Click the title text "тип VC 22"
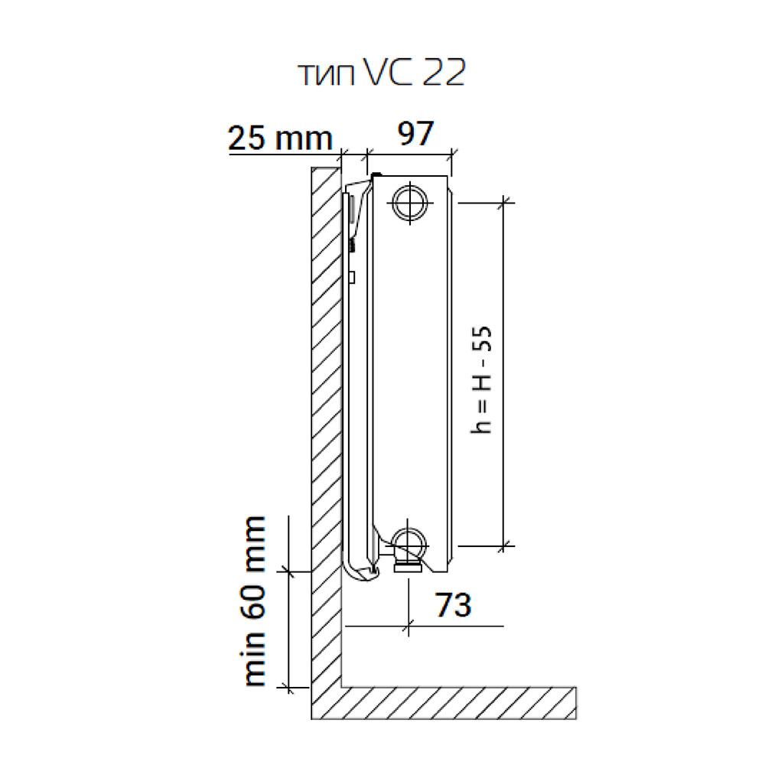(x=382, y=73)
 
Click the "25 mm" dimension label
(x=280, y=138)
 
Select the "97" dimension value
(x=415, y=133)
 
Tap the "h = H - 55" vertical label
(x=481, y=379)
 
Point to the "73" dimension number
(x=453, y=605)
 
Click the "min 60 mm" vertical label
(x=255, y=601)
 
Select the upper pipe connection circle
(x=410, y=203)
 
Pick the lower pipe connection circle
(x=410, y=545)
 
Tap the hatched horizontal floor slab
(x=457, y=703)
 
